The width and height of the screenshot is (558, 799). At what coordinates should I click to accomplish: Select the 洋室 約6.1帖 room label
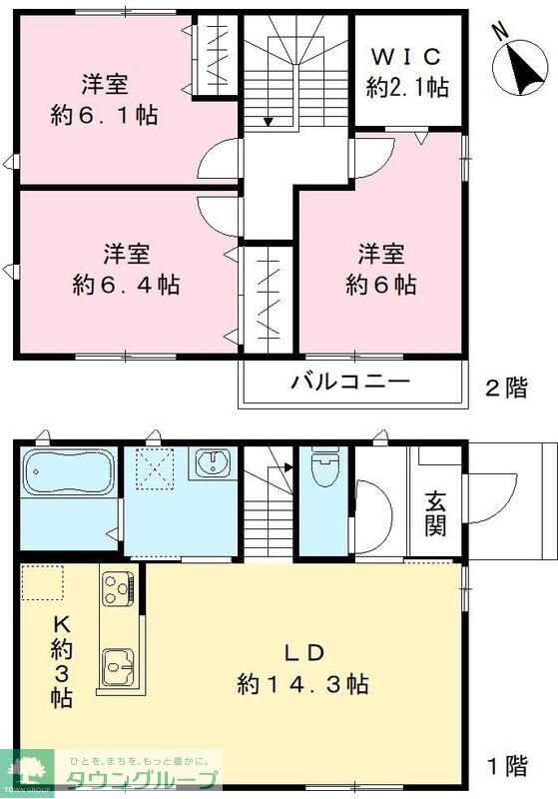[105, 99]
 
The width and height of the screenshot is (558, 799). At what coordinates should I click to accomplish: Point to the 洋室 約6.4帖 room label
[126, 269]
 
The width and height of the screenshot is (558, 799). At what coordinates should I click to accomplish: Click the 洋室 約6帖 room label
[380, 269]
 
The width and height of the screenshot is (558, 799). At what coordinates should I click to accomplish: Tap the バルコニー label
[350, 382]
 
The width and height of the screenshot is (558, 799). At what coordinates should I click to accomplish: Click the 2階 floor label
[507, 389]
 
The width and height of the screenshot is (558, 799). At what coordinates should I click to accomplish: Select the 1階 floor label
[507, 767]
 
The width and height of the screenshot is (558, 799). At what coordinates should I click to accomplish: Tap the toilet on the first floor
[324, 469]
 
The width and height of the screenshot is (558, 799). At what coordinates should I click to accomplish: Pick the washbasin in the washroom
[213, 464]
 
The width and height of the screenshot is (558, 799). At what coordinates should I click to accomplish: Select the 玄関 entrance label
[435, 511]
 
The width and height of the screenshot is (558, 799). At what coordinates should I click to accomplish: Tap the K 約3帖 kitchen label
[62, 659]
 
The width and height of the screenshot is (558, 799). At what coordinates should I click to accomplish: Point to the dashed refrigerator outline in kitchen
[42, 582]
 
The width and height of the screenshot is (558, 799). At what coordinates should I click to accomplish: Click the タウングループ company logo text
[140, 779]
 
